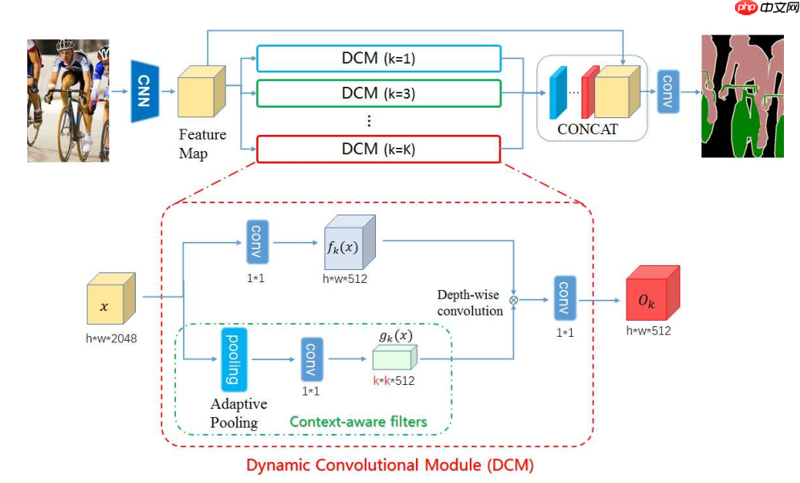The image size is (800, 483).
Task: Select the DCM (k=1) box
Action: tap(378, 59)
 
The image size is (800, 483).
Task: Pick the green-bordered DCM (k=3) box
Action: tap(378, 93)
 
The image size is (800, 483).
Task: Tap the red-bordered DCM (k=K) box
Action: tap(378, 149)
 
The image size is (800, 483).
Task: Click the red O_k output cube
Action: tap(651, 296)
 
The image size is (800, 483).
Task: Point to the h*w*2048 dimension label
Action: tap(112, 338)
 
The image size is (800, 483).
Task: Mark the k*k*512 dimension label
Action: tap(394, 381)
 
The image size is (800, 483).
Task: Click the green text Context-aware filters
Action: tap(358, 421)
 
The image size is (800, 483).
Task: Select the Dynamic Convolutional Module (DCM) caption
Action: tap(390, 465)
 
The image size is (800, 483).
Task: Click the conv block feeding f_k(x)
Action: tap(257, 239)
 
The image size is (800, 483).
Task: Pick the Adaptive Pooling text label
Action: tap(239, 412)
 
